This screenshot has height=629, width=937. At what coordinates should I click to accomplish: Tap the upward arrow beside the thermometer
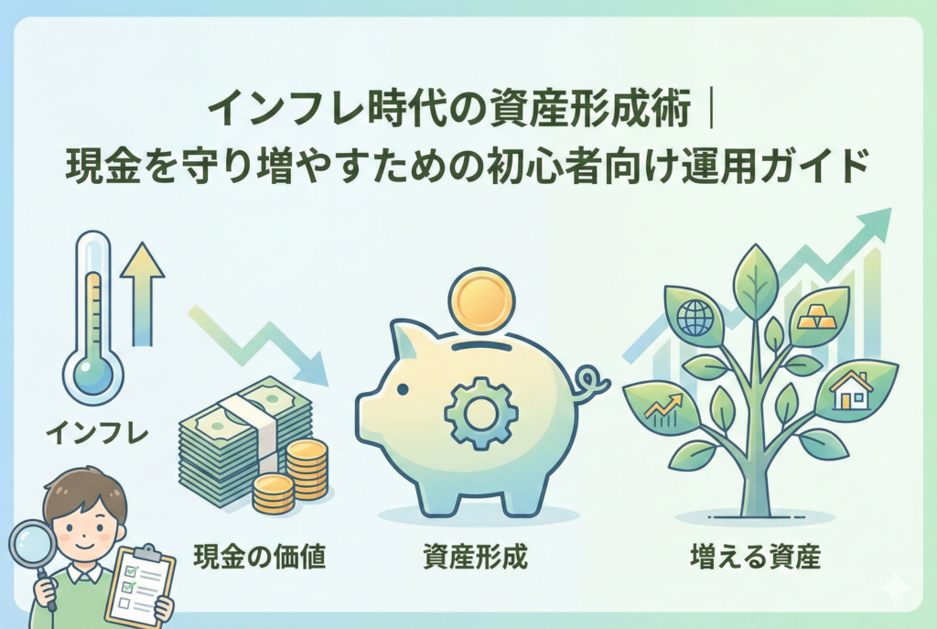pos(142,293)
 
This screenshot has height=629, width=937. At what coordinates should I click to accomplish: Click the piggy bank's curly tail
pos(591,382)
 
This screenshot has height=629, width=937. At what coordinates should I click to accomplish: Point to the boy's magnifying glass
pos(30,546)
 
